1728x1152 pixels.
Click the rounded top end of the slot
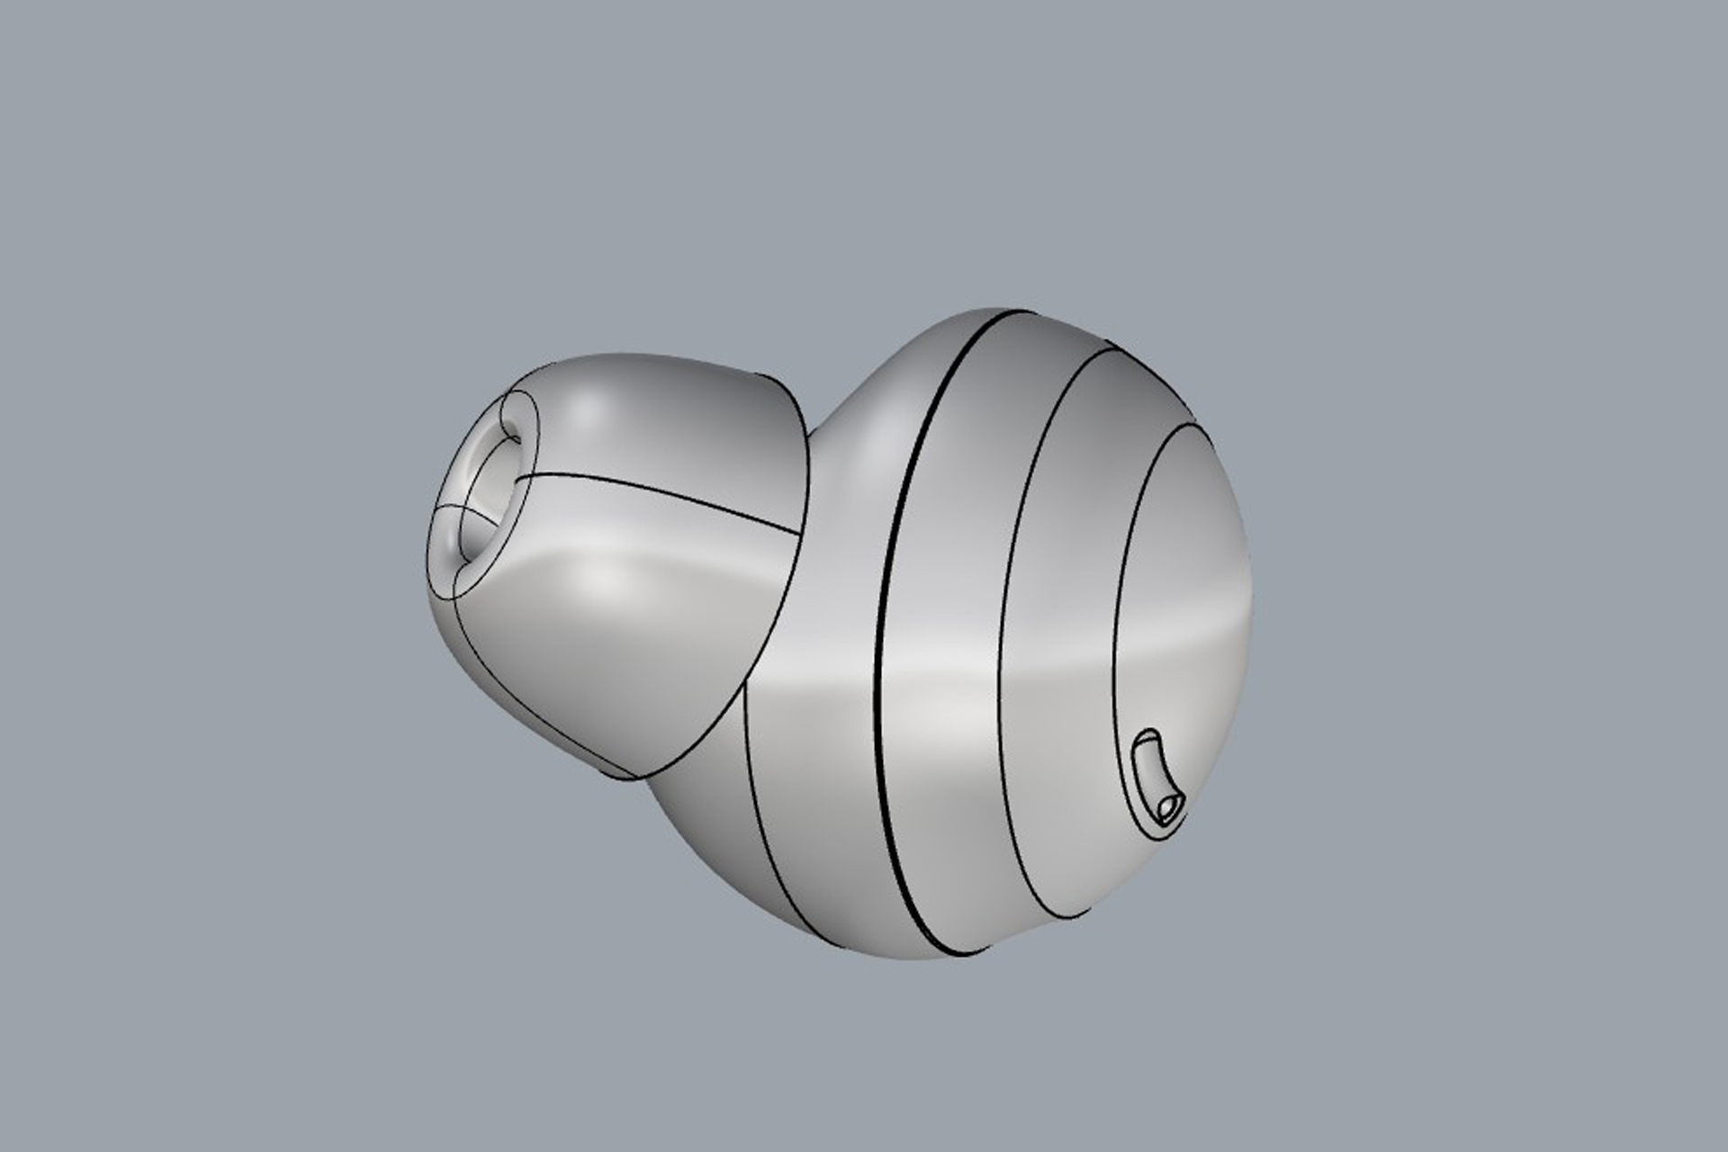(x=1145, y=737)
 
